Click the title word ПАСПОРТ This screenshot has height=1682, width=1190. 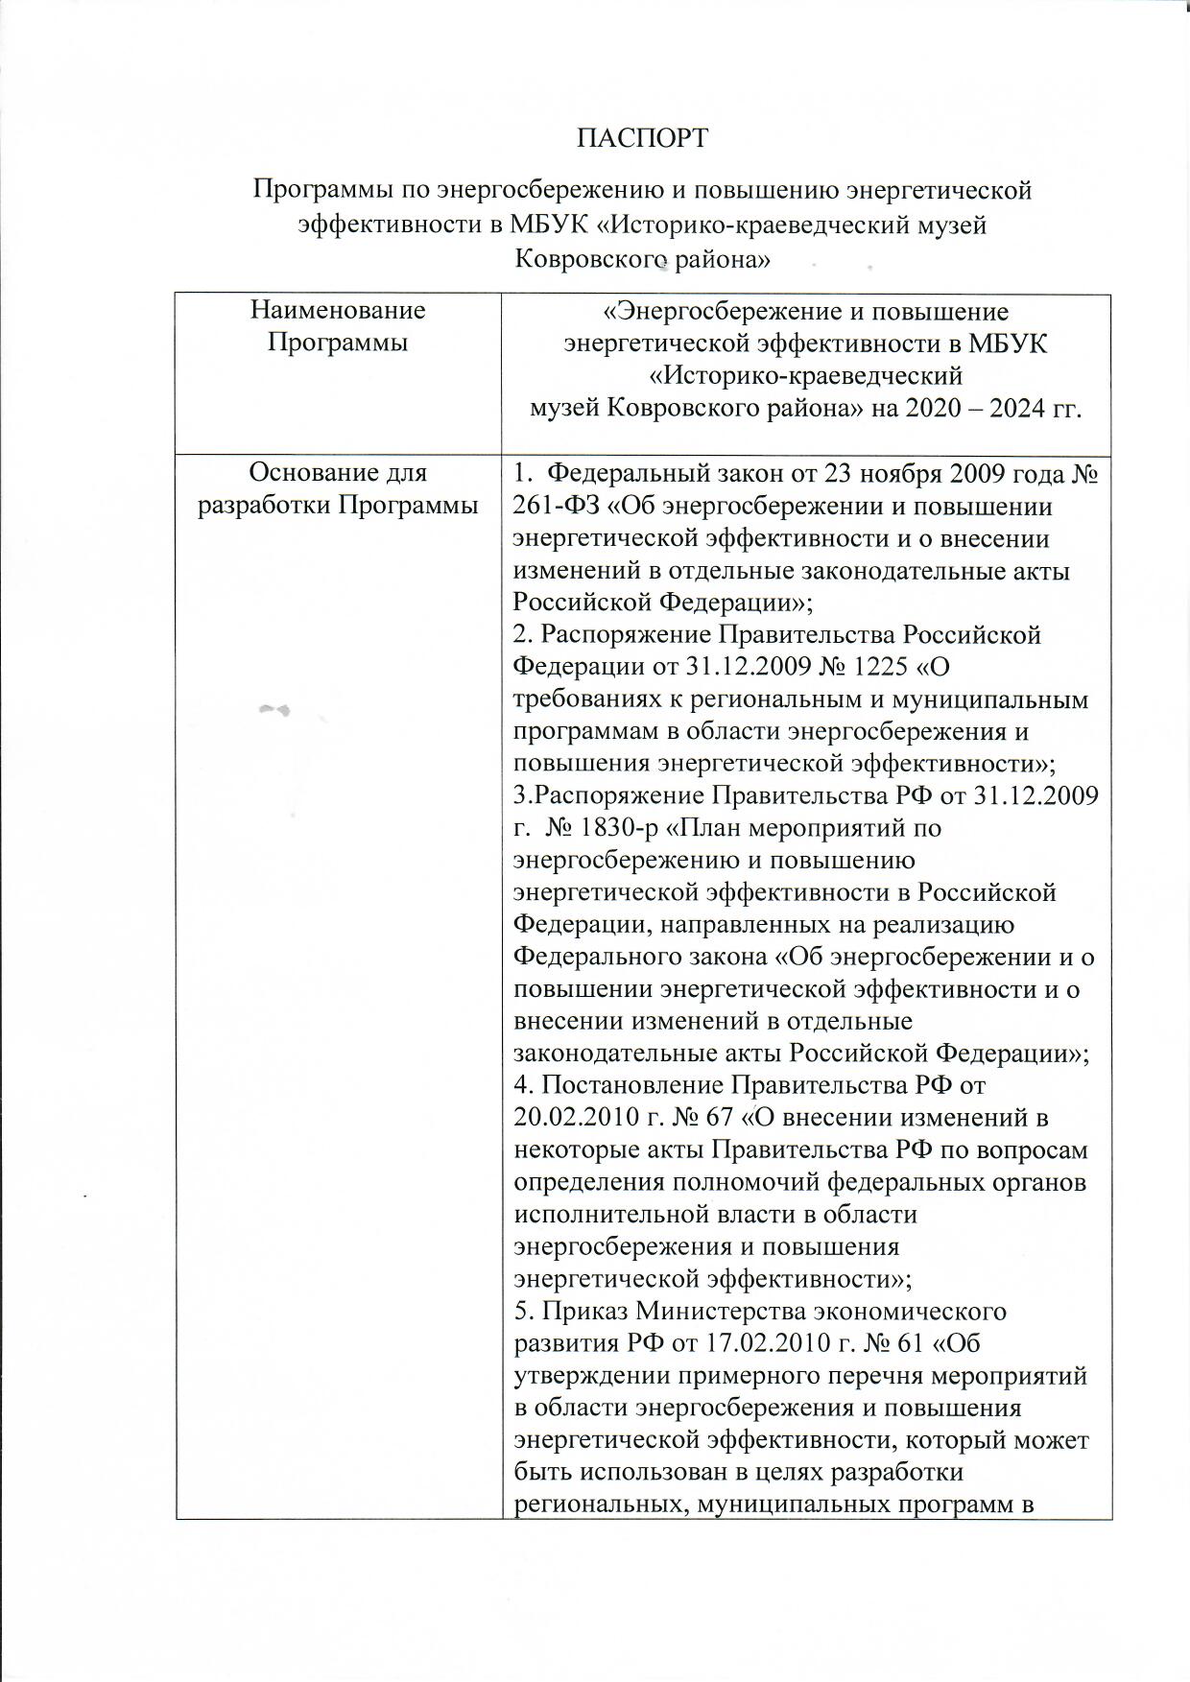point(642,138)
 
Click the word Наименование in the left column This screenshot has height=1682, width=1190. point(337,310)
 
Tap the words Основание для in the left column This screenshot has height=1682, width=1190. point(337,472)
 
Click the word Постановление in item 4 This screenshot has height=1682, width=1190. point(632,1085)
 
